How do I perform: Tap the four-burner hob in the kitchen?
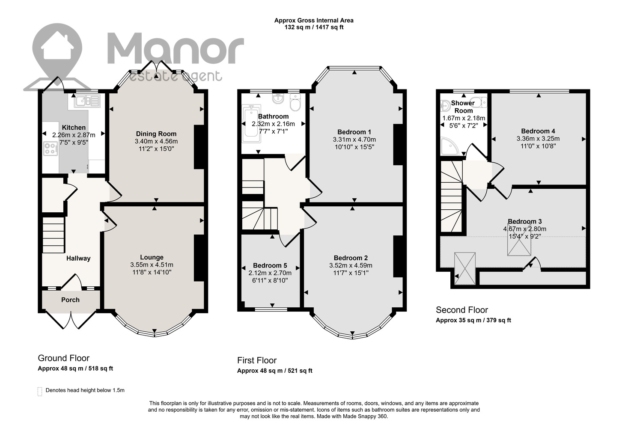(51, 149)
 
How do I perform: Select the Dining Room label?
(156, 134)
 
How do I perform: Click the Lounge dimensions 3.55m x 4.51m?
(152, 265)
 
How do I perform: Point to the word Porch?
(70, 300)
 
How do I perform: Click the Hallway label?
(78, 259)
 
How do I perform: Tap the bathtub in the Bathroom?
(252, 124)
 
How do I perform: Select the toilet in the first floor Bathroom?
(295, 102)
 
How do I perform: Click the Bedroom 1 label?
(354, 132)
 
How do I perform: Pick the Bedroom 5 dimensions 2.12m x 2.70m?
(270, 273)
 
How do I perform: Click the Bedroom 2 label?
(351, 258)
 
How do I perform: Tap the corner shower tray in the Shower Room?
(449, 146)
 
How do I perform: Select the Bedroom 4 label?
(538, 131)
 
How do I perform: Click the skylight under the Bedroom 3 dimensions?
(519, 243)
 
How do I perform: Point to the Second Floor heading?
(462, 310)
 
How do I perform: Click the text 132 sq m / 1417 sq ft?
(314, 27)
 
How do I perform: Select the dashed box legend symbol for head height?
(40, 392)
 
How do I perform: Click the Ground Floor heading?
(64, 358)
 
